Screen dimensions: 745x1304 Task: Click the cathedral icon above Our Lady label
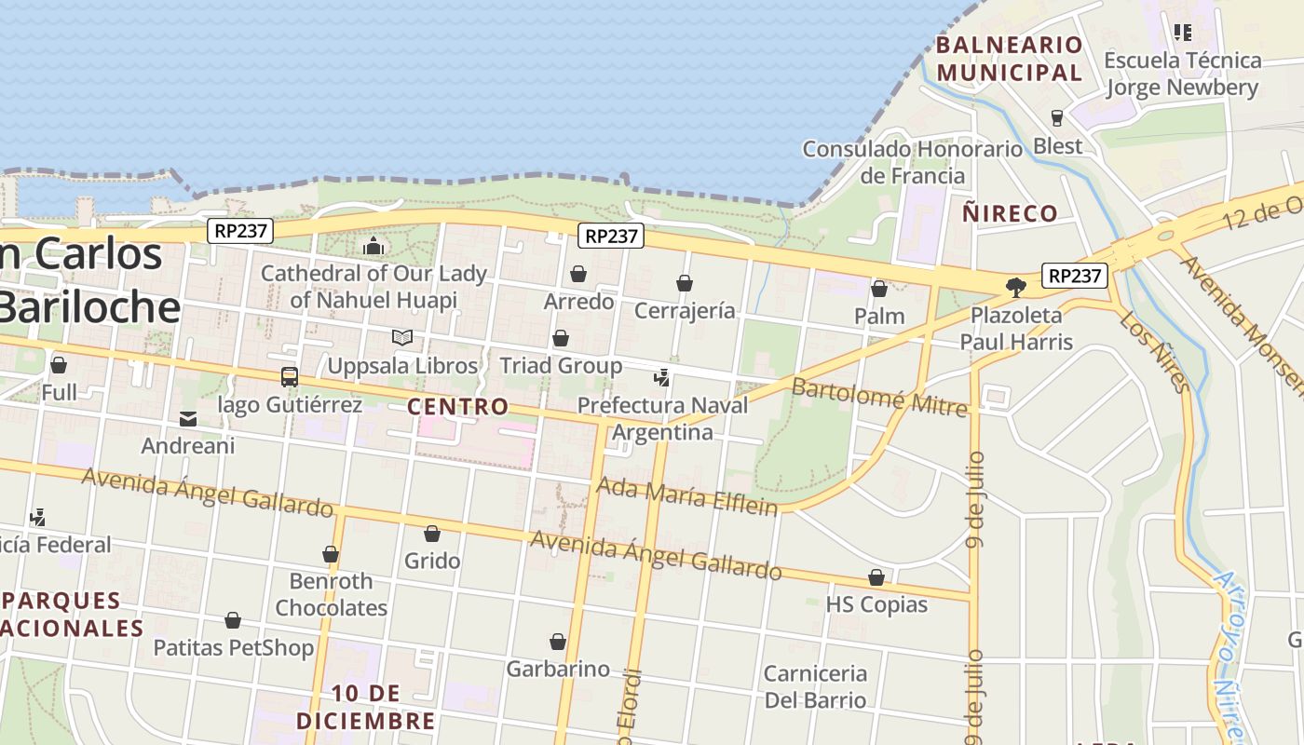click(x=374, y=246)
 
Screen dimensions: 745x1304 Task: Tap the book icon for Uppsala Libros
click(x=402, y=337)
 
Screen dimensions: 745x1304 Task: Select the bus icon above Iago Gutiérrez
click(x=290, y=377)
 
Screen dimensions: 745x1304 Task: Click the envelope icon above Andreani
click(x=188, y=419)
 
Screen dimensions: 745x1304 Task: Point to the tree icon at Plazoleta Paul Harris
click(x=1016, y=287)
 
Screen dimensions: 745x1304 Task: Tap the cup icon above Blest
click(x=1057, y=118)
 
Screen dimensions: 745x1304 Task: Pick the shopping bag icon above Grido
click(x=432, y=534)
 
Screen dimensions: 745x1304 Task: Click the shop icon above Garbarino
click(x=558, y=642)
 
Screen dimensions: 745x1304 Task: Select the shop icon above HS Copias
click(x=876, y=577)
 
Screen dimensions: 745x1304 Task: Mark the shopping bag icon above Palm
click(x=879, y=289)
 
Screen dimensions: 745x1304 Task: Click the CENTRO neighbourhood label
click(x=458, y=407)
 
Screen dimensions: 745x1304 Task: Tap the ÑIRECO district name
click(x=1011, y=214)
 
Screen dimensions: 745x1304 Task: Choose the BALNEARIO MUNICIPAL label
click(x=1010, y=59)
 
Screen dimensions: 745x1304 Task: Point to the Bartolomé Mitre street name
click(x=879, y=396)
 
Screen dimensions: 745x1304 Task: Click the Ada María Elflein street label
click(x=686, y=495)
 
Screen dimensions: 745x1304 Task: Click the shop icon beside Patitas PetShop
click(x=233, y=620)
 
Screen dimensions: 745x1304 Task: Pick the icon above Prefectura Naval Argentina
click(x=662, y=377)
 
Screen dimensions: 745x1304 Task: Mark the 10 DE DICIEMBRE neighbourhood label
click(x=365, y=707)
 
